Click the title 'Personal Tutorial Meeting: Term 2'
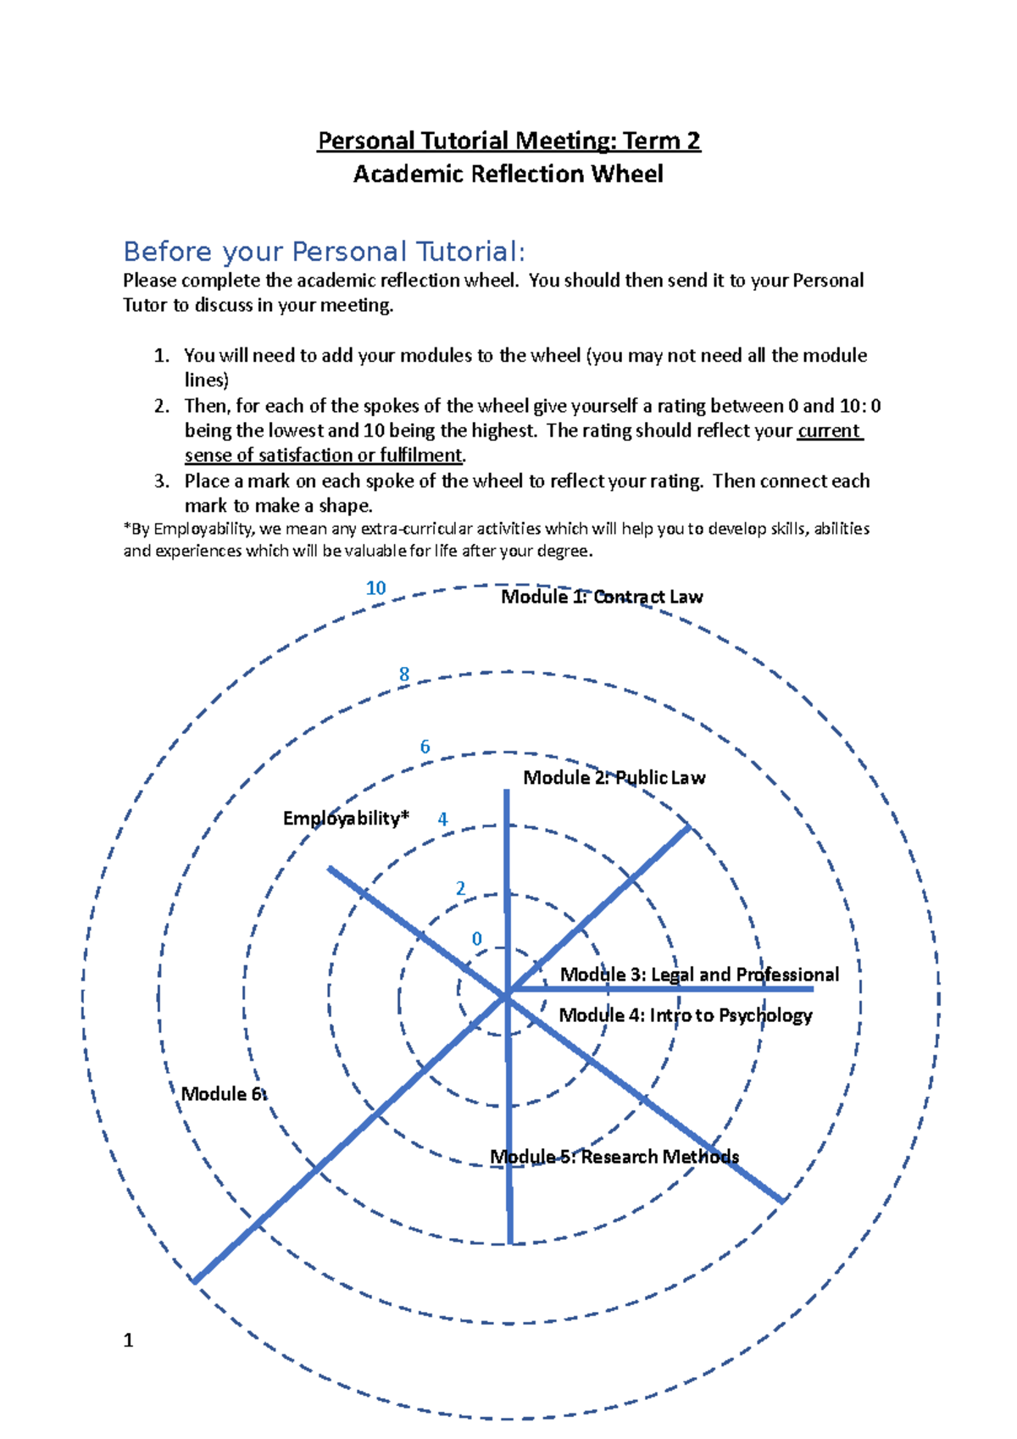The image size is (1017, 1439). (x=508, y=141)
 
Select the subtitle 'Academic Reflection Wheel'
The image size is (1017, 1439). (x=508, y=175)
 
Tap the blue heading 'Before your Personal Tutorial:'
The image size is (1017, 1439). (x=324, y=252)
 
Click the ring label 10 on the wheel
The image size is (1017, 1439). (x=375, y=588)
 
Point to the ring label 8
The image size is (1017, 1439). (x=404, y=675)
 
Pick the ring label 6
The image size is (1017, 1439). (x=425, y=747)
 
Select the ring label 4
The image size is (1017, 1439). (x=442, y=820)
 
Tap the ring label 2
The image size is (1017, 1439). (x=460, y=888)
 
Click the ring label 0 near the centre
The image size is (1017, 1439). (x=477, y=939)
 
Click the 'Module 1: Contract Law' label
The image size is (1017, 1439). (x=602, y=597)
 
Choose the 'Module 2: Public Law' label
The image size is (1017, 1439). (x=614, y=778)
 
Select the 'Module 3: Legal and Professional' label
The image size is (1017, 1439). (x=699, y=975)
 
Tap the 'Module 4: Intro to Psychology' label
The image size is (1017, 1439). (x=685, y=1015)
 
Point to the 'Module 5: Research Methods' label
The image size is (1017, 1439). (x=614, y=1157)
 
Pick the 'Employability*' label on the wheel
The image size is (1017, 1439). (x=346, y=818)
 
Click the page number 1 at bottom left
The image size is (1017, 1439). (x=128, y=1340)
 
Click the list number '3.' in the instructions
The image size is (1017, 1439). (x=162, y=481)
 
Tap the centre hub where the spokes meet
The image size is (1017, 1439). (x=507, y=996)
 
